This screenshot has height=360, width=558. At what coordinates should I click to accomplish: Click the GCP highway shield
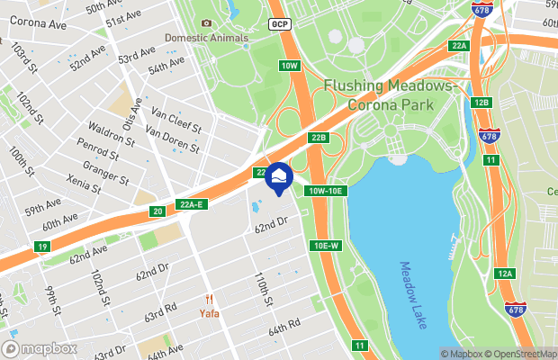279,24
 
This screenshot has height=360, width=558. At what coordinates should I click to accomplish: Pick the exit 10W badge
288,66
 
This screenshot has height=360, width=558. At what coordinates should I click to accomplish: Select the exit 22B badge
319,138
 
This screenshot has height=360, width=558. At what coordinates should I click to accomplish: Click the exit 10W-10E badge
326,191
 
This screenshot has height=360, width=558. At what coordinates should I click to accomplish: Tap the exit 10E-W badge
326,246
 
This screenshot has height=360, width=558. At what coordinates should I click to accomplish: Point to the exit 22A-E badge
192,204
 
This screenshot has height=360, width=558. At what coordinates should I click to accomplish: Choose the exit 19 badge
42,246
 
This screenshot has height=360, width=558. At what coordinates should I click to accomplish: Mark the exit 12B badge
481,103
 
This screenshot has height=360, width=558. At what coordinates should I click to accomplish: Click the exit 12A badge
505,274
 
